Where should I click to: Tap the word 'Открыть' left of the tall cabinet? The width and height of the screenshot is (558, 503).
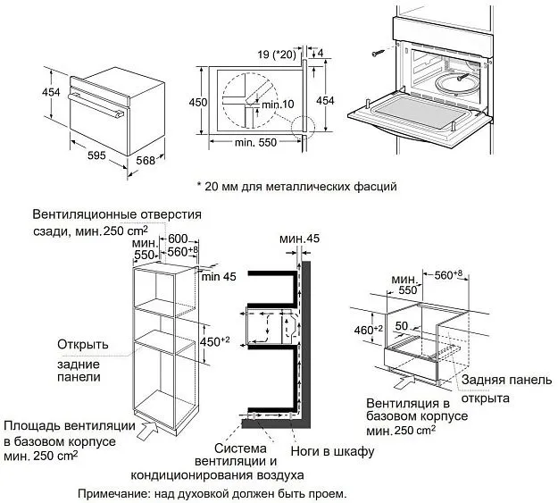click(82, 344)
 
